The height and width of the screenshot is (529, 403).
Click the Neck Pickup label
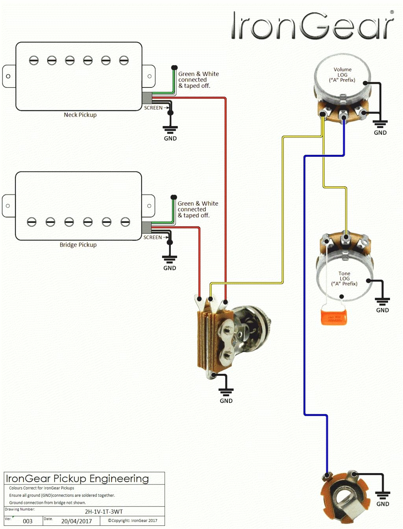pyautogui.click(x=80, y=115)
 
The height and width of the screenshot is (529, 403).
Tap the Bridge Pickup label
pyautogui.click(x=78, y=245)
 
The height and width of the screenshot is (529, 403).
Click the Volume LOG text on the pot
pyautogui.click(x=342, y=74)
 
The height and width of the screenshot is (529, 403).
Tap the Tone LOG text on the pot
pyautogui.click(x=344, y=278)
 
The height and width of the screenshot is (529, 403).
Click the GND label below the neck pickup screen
pyautogui.click(x=170, y=138)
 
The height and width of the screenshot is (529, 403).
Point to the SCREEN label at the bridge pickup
pyautogui.click(x=152, y=238)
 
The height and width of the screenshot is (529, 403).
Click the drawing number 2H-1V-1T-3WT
pyautogui.click(x=104, y=511)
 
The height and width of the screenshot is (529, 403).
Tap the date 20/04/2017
pyautogui.click(x=76, y=521)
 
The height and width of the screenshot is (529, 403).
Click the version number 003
pyautogui.click(x=28, y=521)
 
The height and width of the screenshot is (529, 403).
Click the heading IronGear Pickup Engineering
pyautogui.click(x=77, y=479)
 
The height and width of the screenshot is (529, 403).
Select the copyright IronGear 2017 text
pyautogui.click(x=133, y=520)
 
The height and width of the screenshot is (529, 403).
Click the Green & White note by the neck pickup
pyautogui.click(x=198, y=80)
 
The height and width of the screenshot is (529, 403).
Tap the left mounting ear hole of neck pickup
pyautogui.click(x=8, y=76)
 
